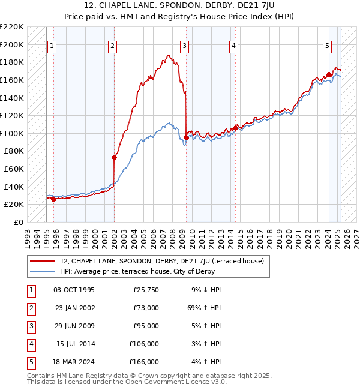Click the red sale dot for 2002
114,157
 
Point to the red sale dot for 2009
186,137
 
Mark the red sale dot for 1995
54,199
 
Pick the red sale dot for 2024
329,75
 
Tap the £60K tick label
14,169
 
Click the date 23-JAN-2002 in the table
74,308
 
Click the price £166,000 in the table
144,362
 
